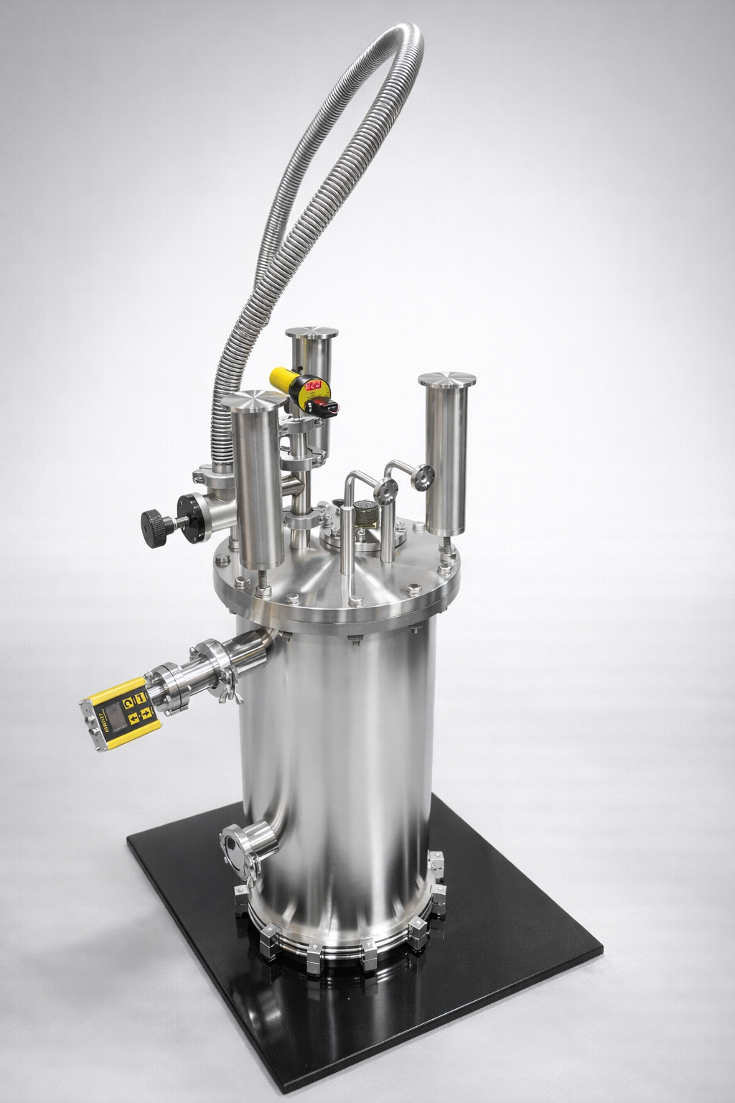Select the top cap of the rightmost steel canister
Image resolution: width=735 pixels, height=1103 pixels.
(x=448, y=380)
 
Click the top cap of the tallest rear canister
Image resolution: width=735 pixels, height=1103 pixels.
(x=312, y=333)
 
